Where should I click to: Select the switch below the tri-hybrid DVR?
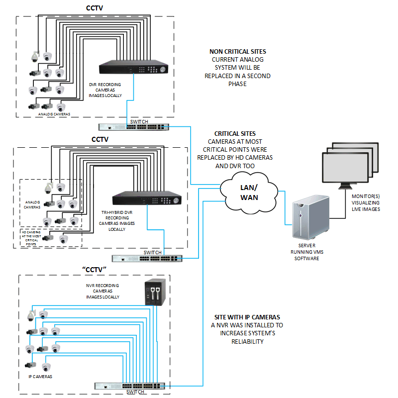point(147,258)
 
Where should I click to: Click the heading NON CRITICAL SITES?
point(237,51)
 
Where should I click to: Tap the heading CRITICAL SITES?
point(235,134)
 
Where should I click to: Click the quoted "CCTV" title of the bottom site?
point(96,269)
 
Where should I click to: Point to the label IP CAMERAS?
point(40,377)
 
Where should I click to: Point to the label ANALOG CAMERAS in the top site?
point(54,114)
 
